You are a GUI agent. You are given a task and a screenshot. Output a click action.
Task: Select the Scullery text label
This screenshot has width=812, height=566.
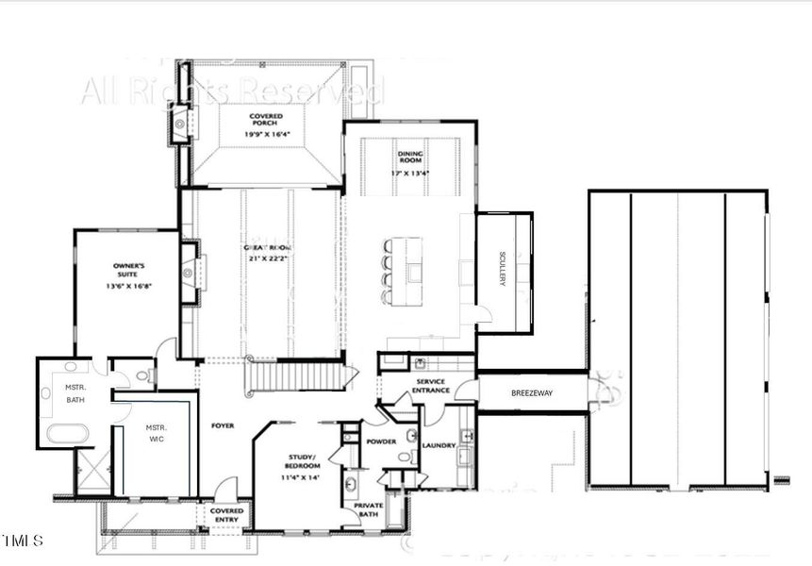coord(503,270)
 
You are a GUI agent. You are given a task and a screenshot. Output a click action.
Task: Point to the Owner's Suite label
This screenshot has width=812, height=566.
coord(127,269)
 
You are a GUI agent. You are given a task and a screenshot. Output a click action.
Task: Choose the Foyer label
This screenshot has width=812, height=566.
coord(223,425)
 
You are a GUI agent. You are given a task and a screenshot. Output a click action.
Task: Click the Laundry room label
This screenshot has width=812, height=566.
coord(439,445)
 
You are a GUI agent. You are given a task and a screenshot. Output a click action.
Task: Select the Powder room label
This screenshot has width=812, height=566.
coord(381,440)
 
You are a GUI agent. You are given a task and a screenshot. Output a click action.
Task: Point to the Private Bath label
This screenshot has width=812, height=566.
coord(368,509)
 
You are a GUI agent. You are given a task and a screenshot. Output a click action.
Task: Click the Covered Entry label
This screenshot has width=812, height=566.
coord(226,515)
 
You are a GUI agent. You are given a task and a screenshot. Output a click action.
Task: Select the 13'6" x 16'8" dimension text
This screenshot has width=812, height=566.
coord(127,285)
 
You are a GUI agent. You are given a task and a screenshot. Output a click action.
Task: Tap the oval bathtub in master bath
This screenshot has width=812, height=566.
coord(68,434)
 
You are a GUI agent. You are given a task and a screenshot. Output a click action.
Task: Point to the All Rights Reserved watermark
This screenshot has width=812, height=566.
coord(231,92)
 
